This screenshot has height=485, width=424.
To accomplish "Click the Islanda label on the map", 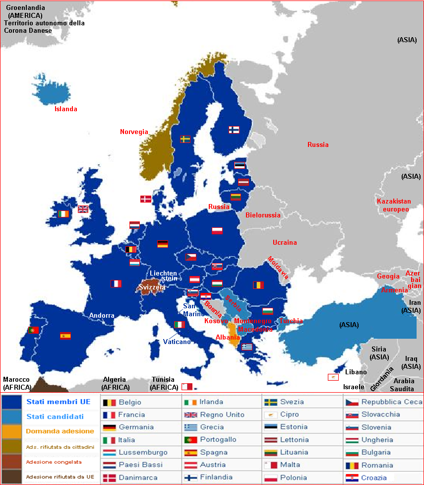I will [x=66, y=109].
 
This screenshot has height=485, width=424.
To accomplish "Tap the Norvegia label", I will [x=134, y=132].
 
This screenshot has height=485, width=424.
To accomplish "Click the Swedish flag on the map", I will [x=185, y=139].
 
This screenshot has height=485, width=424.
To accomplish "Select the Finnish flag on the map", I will [x=234, y=130].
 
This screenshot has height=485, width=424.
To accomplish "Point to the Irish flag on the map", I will [x=63, y=214].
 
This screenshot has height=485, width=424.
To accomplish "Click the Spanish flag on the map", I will [x=65, y=336].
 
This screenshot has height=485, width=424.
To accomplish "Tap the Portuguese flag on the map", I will [x=34, y=330].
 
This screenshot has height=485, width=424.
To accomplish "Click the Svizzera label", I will [x=152, y=287].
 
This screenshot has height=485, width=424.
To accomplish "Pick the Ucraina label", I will [x=285, y=242].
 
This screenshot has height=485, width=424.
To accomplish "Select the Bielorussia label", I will [x=263, y=215].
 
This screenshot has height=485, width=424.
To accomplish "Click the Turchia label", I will [x=291, y=321].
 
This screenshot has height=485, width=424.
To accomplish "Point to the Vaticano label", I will [x=177, y=342].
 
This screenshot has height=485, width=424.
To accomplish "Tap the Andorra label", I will [x=102, y=315].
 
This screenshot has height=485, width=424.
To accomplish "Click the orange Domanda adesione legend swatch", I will [x=11, y=431].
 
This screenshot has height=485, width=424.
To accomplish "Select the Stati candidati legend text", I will [x=55, y=416].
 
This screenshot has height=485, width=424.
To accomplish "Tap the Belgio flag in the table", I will [x=109, y=402].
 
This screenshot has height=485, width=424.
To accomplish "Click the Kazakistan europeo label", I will [x=394, y=205].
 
